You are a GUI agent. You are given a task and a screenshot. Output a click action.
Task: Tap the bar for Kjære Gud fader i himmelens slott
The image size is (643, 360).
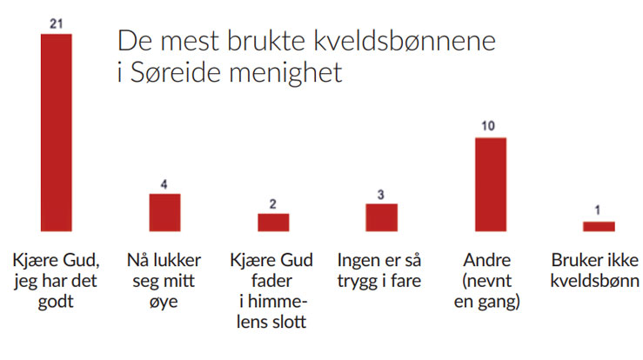click(273, 222)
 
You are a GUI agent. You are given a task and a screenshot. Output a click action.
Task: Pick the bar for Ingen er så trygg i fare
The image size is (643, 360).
click(381, 217)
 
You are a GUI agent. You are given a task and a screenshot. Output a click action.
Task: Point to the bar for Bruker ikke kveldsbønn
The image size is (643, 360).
click(598, 226)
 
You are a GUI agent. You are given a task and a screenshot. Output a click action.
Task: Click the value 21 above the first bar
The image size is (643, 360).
click(56, 23)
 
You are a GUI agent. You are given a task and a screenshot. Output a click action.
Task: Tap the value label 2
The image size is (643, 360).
click(273, 203)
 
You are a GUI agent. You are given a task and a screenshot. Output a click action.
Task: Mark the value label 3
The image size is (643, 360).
click(381, 193)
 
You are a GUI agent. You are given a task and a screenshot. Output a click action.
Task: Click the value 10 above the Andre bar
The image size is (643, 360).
click(489, 127)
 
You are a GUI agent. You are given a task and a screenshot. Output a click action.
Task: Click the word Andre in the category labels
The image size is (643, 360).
click(488, 260)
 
